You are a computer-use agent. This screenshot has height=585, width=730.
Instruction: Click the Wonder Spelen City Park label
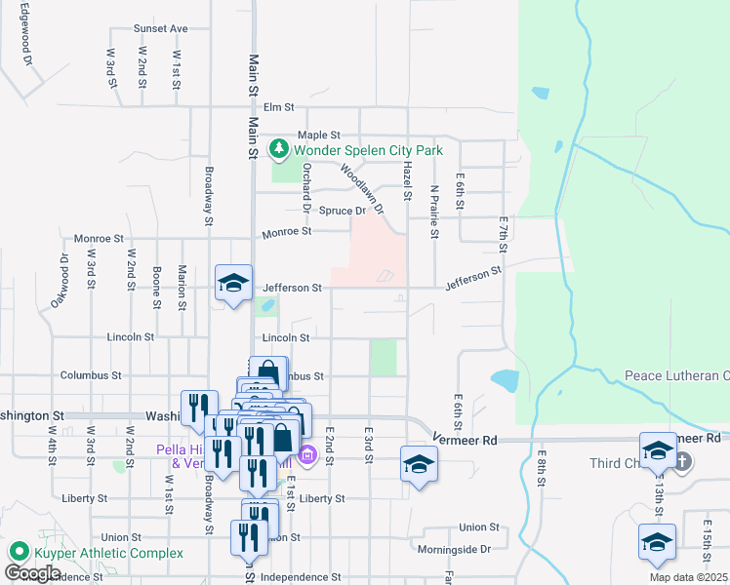(x=368, y=150)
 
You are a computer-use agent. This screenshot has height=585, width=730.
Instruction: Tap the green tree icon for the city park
(x=280, y=149)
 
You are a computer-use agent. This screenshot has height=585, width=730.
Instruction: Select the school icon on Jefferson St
(x=233, y=283)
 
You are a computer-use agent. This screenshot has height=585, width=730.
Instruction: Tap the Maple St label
(x=318, y=135)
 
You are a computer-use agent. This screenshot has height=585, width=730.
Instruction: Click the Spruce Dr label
(x=342, y=211)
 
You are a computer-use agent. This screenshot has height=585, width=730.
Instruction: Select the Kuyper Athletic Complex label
(x=106, y=553)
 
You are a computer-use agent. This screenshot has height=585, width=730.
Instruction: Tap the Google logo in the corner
(x=32, y=573)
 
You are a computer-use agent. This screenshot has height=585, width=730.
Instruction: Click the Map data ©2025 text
(x=688, y=577)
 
